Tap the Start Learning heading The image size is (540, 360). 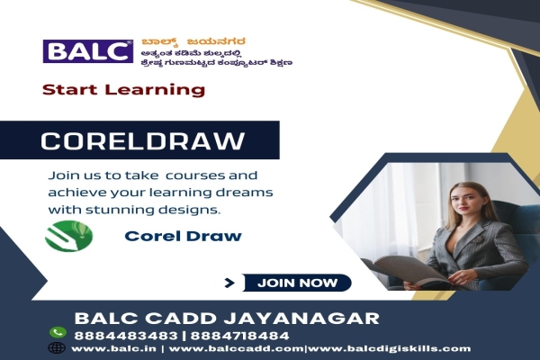pos(123,90)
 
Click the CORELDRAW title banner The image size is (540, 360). pos(144,141)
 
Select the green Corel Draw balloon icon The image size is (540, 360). pos(67,237)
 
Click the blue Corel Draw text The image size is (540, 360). pos(170,237)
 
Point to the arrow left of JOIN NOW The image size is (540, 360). pos(229,283)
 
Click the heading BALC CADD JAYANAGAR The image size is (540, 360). pos(226,317)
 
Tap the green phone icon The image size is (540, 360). pos(58,332)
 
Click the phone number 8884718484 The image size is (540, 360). pos(193,333)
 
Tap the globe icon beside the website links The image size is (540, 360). pos(58,347)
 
